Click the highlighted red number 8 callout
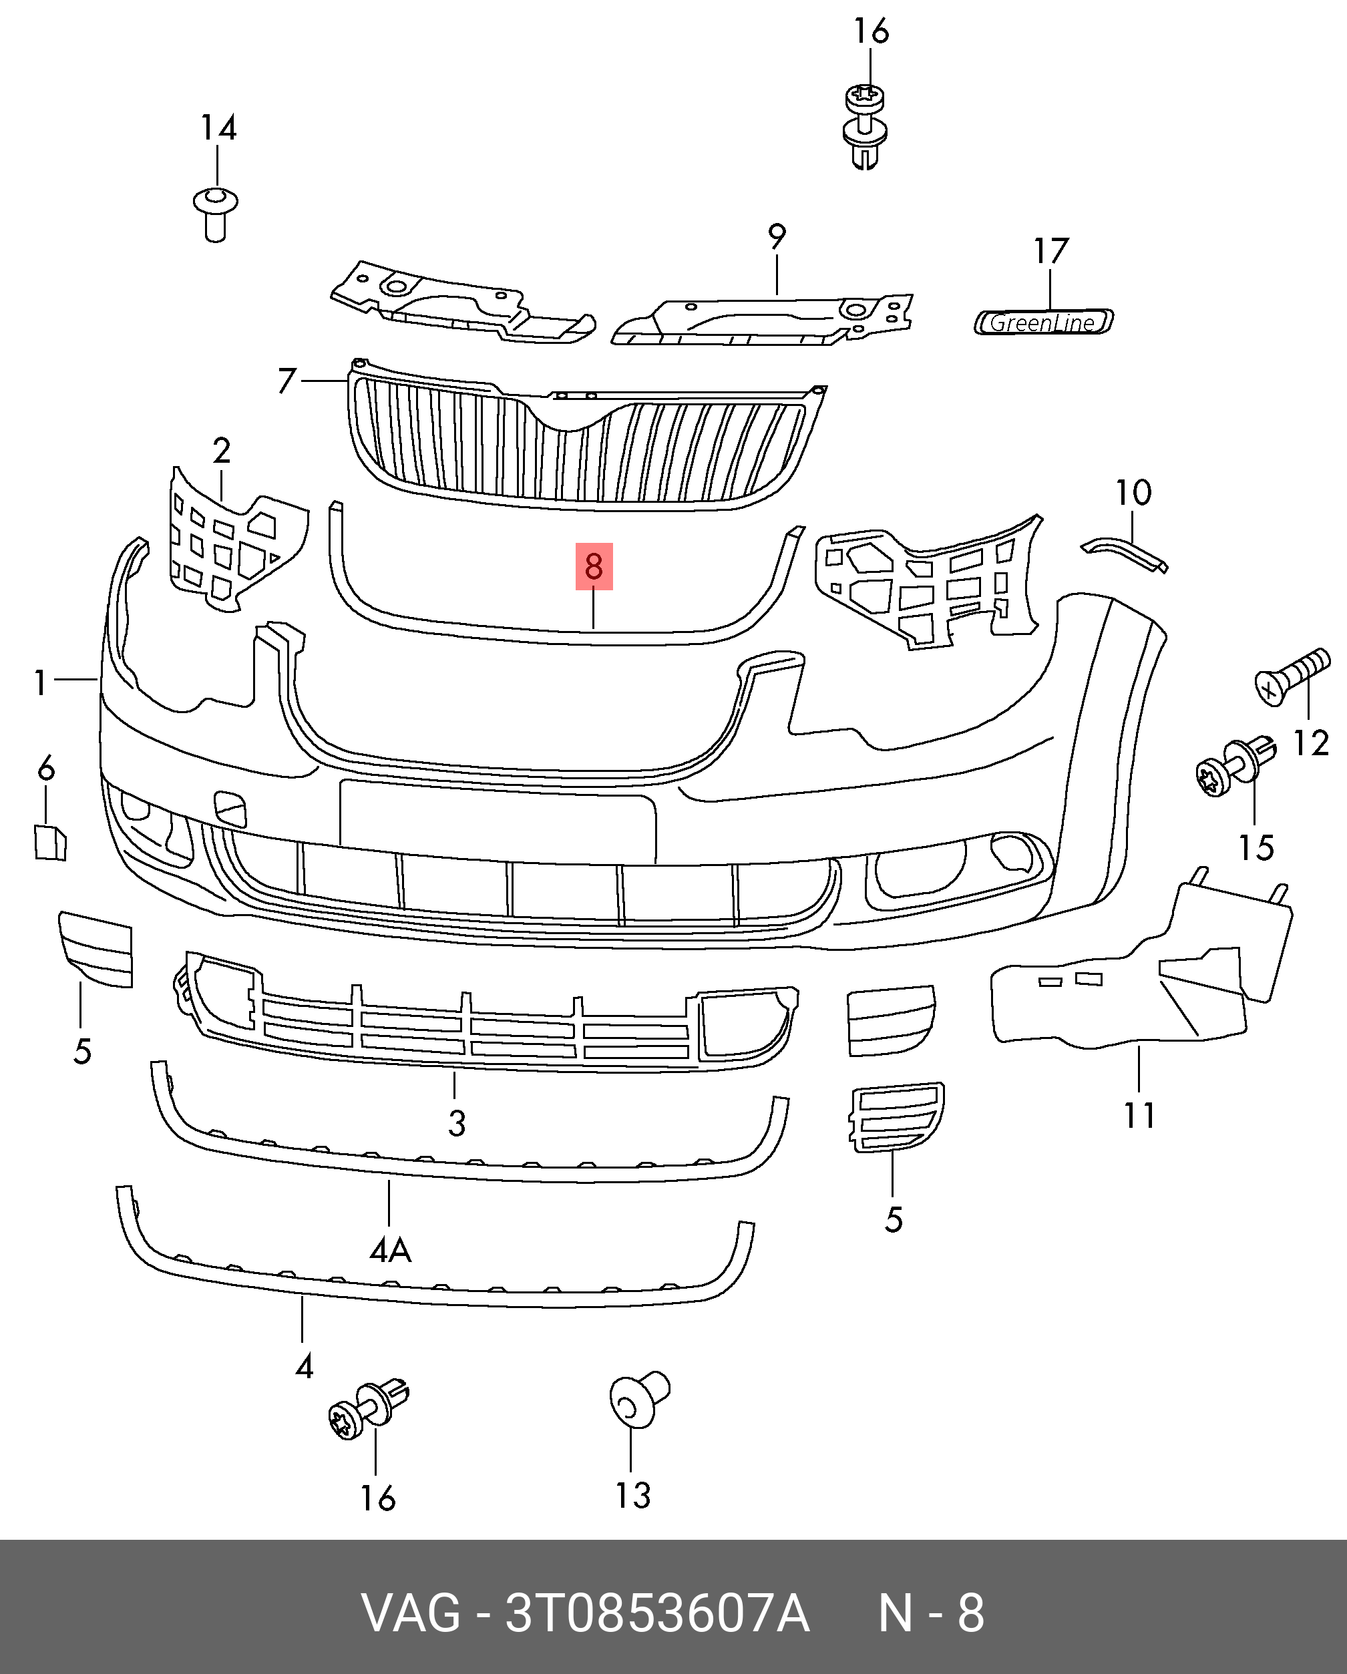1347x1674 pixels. click(x=594, y=566)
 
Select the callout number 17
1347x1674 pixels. click(x=1050, y=252)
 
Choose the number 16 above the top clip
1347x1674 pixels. click(x=870, y=32)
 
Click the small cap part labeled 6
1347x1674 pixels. click(x=49, y=843)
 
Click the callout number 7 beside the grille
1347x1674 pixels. click(x=287, y=381)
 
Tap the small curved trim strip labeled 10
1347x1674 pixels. click(x=1124, y=552)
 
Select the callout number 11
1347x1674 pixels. click(x=1139, y=1116)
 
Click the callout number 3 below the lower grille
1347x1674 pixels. click(x=457, y=1124)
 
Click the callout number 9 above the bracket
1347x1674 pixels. click(x=777, y=237)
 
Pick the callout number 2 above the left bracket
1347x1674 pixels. click(x=221, y=451)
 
